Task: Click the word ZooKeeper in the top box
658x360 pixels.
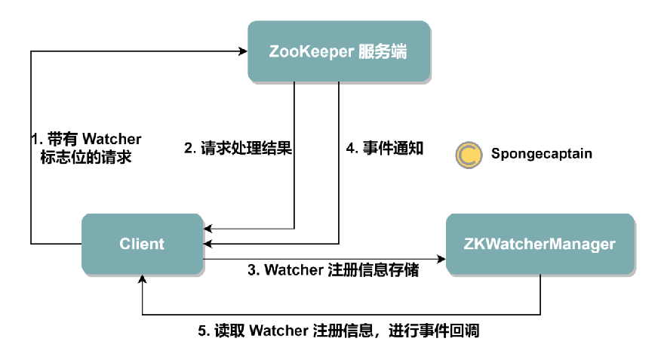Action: tap(312, 51)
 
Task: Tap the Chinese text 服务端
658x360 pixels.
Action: tap(383, 51)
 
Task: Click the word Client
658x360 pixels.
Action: tap(142, 245)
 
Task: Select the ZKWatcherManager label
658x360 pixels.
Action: tap(540, 245)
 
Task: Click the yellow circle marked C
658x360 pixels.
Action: tap(469, 155)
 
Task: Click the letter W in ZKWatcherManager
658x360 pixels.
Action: tap(490, 245)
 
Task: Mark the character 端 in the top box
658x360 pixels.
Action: tap(399, 51)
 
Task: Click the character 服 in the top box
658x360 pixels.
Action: tap(366, 51)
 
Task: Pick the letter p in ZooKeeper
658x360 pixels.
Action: tap(333, 53)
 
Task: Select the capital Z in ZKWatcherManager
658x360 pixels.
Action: tap(468, 245)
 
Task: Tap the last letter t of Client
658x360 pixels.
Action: tap(161, 245)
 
